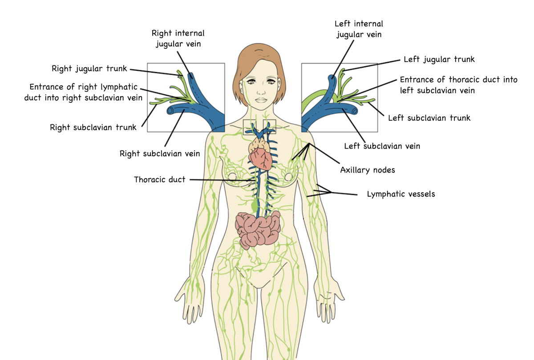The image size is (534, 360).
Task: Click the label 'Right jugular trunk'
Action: (89, 69)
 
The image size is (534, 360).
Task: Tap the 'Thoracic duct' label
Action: (159, 179)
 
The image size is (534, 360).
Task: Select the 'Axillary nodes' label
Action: (368, 170)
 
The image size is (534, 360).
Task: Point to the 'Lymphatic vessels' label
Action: (401, 194)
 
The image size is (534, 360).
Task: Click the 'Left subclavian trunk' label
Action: (429, 118)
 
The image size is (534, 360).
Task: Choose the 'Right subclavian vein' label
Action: (160, 154)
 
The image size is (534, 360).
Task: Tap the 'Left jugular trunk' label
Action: (439, 59)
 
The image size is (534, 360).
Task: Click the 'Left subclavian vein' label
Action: (382, 146)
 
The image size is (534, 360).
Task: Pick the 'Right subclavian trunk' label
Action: (93, 127)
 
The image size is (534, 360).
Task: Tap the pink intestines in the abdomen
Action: (258, 229)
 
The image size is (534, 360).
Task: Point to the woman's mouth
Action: (261, 100)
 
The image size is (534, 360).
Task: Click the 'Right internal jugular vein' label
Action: (178, 39)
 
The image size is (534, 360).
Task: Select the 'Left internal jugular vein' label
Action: (359, 29)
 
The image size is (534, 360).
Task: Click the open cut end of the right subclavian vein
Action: (170, 111)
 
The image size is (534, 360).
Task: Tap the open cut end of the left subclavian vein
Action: (355, 111)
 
